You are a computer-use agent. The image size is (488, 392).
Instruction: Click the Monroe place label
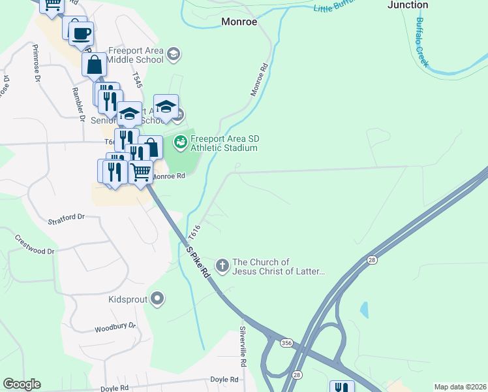click(239, 22)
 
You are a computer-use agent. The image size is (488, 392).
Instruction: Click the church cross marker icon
click(222, 266)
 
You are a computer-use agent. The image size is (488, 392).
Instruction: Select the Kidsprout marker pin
click(157, 300)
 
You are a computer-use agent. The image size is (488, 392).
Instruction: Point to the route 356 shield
click(286, 342)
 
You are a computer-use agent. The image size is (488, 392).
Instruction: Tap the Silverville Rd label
click(243, 346)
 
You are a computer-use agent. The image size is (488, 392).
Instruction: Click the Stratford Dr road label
click(67, 218)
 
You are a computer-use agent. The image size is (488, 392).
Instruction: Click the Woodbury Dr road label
click(114, 326)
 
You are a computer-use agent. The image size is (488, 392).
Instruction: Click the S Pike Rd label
click(197, 260)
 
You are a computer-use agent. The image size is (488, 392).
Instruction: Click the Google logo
click(22, 384)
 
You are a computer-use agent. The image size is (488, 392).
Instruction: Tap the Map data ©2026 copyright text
click(460, 386)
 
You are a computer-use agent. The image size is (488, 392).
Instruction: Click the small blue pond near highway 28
click(363, 309)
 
